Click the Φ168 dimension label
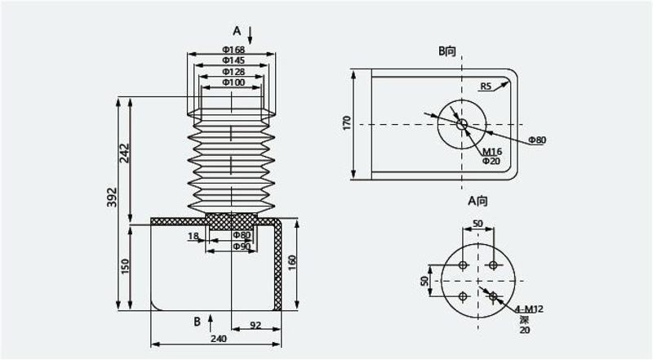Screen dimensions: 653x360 233,50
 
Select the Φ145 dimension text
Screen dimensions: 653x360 233,61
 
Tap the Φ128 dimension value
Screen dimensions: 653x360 233,72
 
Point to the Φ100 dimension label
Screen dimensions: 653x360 233,82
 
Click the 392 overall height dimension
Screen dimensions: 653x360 112,197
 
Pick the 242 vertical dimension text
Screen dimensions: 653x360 125,153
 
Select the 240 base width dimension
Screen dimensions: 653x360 218,339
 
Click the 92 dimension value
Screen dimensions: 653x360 255,325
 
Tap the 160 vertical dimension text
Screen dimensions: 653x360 292,263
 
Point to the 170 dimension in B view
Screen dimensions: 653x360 346,123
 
